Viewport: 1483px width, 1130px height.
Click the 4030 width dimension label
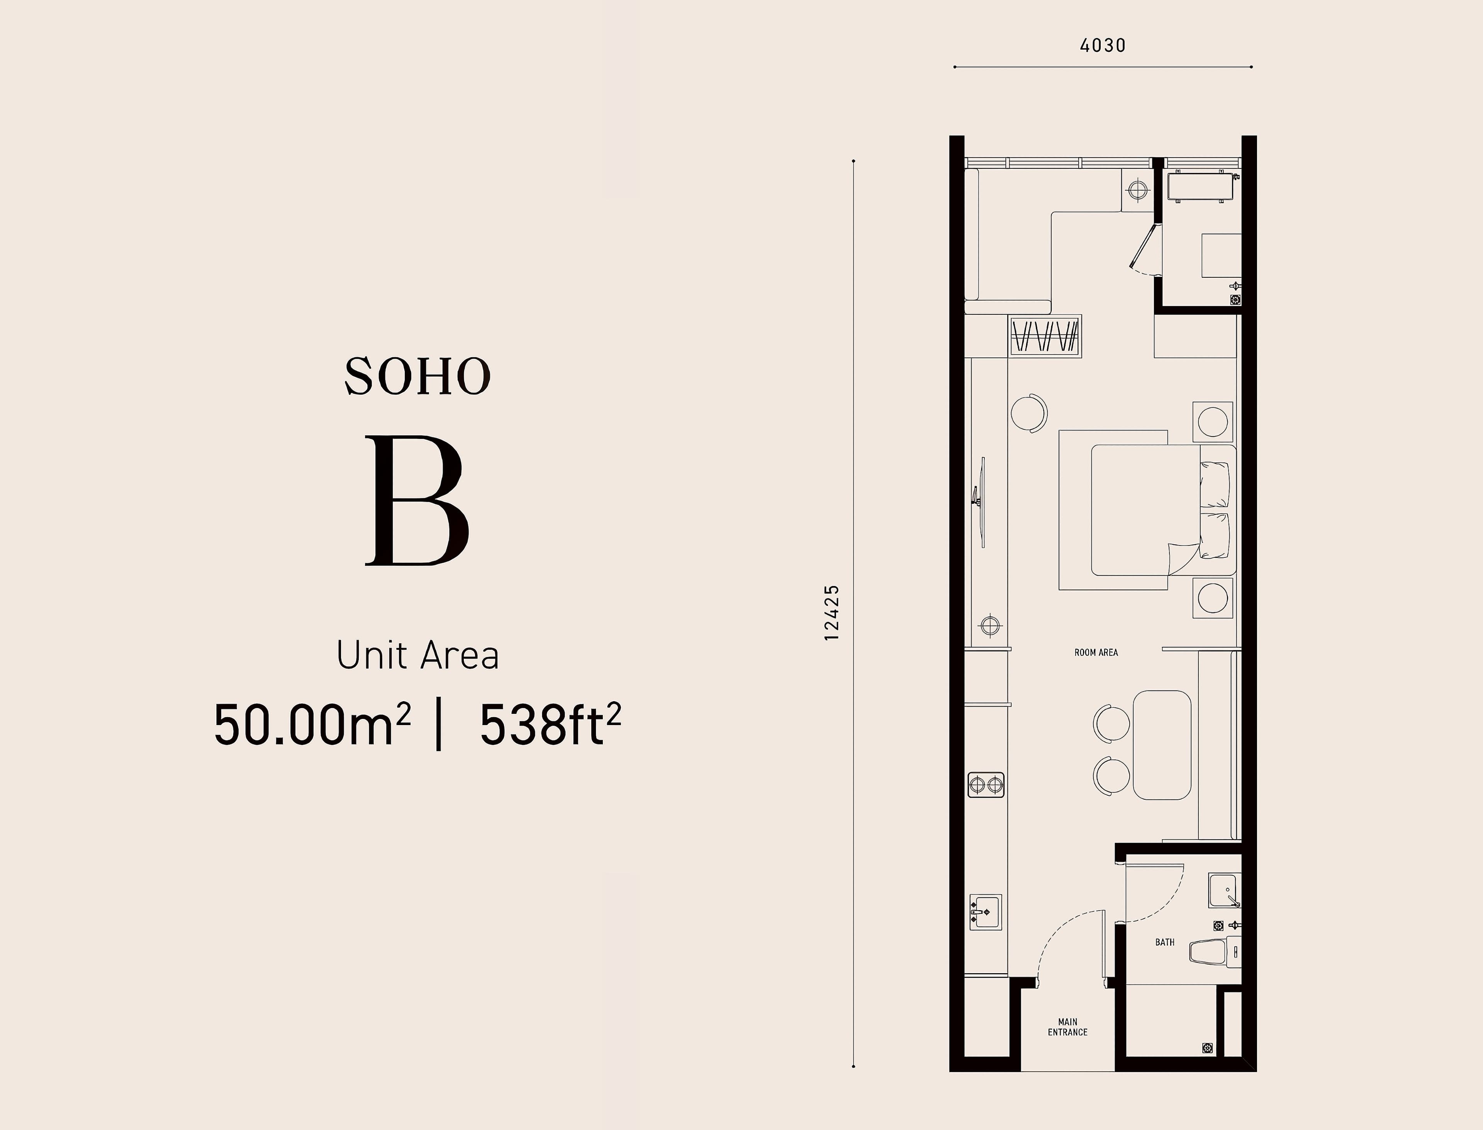(1103, 46)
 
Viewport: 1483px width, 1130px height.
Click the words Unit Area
(417, 655)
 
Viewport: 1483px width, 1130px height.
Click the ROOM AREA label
(1096, 653)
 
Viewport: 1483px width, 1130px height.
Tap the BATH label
(1165, 942)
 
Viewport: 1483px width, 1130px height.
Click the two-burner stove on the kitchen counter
(986, 784)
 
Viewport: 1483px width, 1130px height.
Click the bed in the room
(1147, 510)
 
